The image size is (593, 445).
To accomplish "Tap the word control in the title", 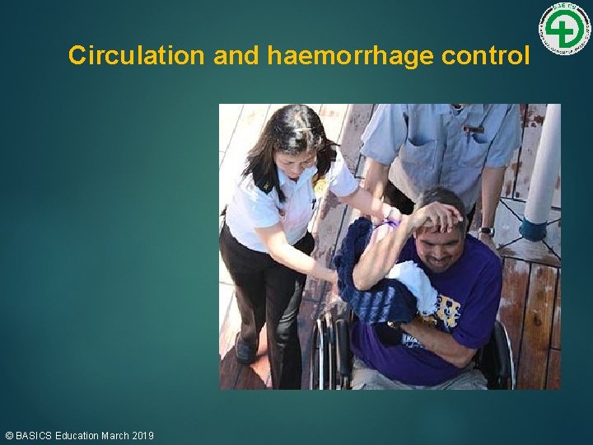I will [486, 55].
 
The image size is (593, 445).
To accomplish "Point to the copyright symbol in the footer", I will [9, 435].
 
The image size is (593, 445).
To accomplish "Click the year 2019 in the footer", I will [142, 435].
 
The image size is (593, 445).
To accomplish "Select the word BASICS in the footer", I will [33, 435].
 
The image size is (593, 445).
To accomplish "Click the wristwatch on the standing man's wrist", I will [487, 231].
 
